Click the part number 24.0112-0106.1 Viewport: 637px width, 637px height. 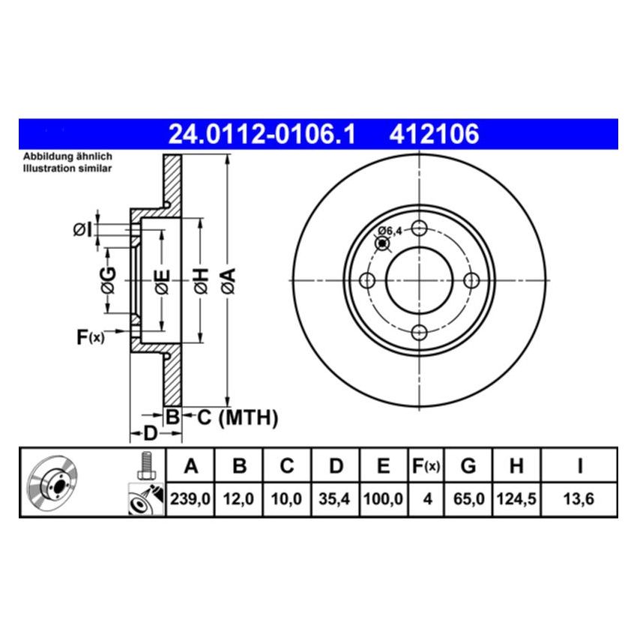[262, 134]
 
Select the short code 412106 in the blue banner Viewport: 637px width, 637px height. [433, 134]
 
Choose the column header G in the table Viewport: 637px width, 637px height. [468, 467]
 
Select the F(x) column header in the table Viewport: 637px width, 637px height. [426, 467]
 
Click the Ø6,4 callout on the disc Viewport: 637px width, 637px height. [390, 230]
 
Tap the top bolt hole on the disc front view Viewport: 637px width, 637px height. [420, 228]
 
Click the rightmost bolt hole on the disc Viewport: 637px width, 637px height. [472, 280]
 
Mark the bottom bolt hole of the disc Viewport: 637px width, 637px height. [420, 332]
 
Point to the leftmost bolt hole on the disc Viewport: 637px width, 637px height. [367, 280]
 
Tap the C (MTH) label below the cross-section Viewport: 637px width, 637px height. [238, 417]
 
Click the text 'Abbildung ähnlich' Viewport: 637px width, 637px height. [67, 156]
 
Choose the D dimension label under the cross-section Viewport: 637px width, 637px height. [150, 434]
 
